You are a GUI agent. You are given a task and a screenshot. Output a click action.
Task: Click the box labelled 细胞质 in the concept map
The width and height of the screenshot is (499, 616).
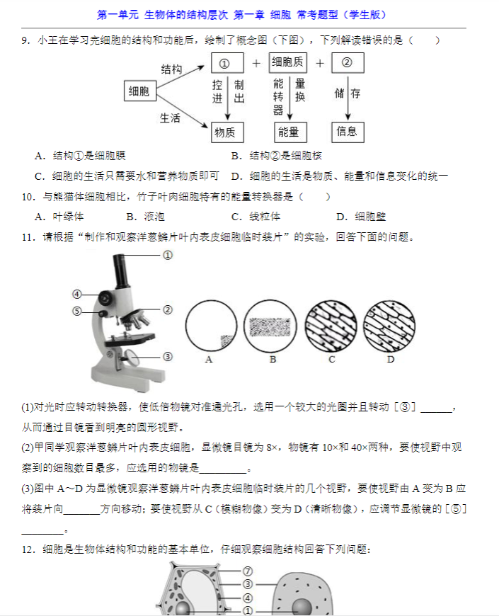pos(288,63)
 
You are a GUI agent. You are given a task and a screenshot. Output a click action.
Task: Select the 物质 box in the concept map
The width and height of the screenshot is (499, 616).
pos(227,132)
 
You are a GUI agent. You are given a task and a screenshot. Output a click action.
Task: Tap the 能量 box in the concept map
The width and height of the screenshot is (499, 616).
pos(290,132)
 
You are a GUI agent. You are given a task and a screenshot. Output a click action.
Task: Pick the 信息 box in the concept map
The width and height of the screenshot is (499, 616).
pos(348,132)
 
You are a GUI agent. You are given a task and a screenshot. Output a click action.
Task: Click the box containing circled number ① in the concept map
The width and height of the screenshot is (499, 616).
pos(227,63)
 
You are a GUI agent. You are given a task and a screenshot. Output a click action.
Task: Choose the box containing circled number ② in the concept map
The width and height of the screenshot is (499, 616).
pos(348,63)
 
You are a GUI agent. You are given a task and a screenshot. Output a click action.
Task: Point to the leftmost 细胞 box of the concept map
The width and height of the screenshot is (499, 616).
pos(140,91)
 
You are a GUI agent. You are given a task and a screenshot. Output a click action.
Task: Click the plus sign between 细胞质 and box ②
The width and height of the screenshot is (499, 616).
pos(320,63)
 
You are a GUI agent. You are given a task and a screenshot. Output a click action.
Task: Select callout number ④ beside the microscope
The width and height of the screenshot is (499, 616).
pos(77,295)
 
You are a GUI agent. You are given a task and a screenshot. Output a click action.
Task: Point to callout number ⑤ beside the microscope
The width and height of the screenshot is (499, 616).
pos(77,311)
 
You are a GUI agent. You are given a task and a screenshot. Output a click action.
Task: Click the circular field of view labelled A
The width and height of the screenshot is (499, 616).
pos(211,326)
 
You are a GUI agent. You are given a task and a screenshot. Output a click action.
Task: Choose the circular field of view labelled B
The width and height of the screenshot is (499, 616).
pos(270,326)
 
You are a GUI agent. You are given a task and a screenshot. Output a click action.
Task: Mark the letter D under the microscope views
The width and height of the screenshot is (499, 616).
pos(391,360)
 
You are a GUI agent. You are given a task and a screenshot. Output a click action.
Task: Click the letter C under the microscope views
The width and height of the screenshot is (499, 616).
pos(332,360)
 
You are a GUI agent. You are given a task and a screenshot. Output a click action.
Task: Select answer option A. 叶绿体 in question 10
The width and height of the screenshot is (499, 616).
pos(59,217)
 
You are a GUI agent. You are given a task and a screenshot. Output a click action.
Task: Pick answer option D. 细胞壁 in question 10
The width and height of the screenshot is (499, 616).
pos(361,217)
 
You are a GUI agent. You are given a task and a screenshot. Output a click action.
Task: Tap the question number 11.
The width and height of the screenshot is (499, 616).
pos(28,238)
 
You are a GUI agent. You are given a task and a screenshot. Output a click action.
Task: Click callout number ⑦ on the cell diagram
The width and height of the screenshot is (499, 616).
pos(248,571)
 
